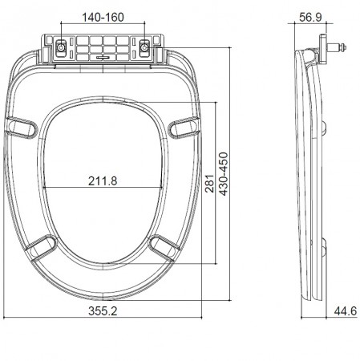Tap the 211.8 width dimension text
click(x=103, y=180)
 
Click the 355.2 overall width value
click(x=103, y=310)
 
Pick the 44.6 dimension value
click(x=346, y=310)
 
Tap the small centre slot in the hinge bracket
click(x=103, y=58)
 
